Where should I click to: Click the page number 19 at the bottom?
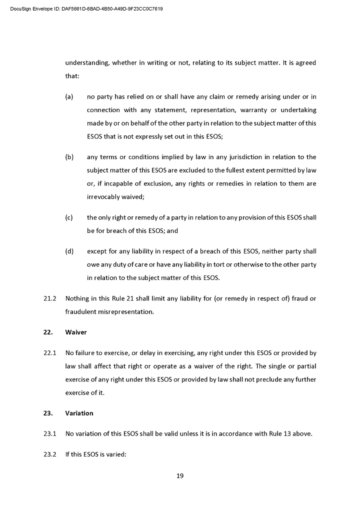point(180,475)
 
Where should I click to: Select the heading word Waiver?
point(76,332)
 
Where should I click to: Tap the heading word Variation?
point(79,413)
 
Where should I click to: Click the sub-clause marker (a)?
point(69,96)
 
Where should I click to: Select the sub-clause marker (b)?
point(69,157)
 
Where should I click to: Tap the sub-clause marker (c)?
point(69,217)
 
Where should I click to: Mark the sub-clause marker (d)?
point(69,251)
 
